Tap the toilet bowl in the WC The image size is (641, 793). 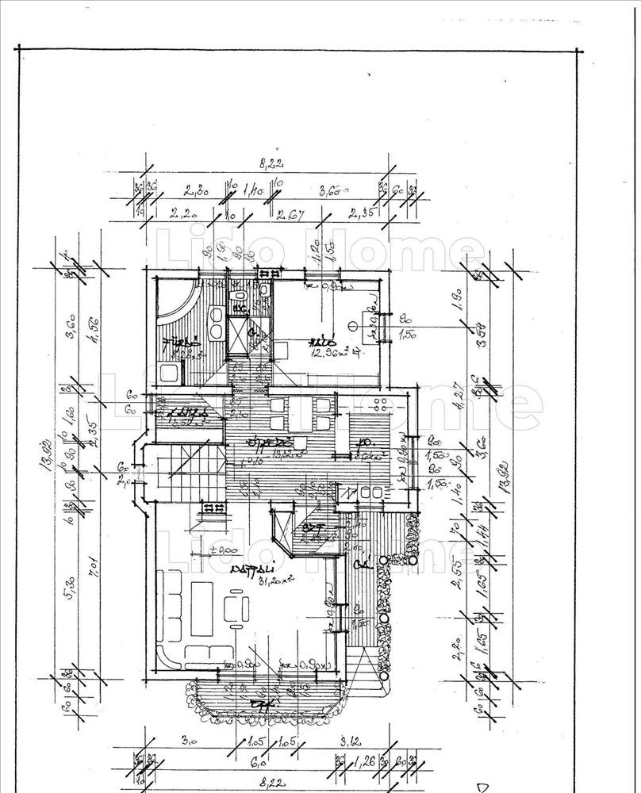coord(240,297)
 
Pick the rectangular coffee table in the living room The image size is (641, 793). coord(203,609)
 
